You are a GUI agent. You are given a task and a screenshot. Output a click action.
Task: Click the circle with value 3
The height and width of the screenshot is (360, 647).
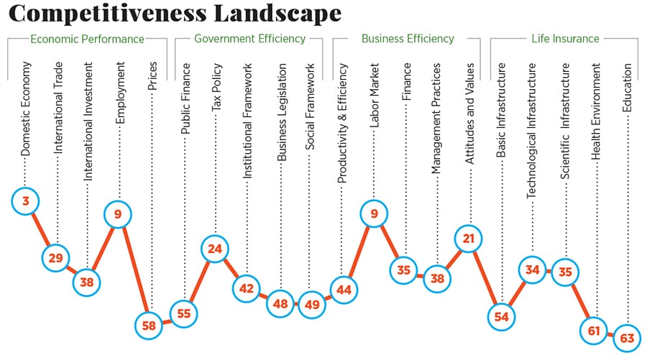pyautogui.click(x=26, y=201)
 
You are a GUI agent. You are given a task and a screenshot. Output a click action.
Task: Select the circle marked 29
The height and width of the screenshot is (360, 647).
pyautogui.click(x=55, y=256)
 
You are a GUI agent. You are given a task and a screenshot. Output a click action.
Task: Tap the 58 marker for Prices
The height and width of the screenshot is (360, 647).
pyautogui.click(x=150, y=324)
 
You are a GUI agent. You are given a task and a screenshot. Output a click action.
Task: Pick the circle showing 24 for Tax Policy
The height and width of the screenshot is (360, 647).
pyautogui.click(x=214, y=249)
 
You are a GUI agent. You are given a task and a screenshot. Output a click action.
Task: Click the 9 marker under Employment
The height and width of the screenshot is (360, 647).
pyautogui.click(x=118, y=213)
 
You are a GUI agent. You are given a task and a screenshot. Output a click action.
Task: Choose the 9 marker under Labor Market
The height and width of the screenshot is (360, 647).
pyautogui.click(x=374, y=213)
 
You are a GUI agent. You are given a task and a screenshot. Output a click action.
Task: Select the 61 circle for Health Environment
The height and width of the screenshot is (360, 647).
pyautogui.click(x=595, y=330)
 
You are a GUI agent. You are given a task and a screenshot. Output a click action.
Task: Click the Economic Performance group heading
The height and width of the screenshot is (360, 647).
pyautogui.click(x=87, y=39)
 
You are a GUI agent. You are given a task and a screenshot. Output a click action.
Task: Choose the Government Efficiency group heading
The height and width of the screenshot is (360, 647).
pyautogui.click(x=250, y=39)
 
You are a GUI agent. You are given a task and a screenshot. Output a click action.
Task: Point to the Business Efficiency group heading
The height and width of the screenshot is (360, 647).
pyautogui.click(x=408, y=39)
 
